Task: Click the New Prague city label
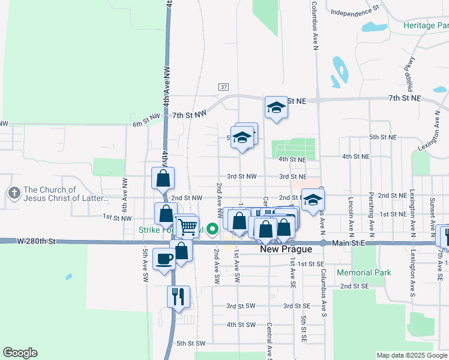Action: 286,249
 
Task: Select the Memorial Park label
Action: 364,272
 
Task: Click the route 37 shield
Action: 223,87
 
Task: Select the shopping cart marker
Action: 187,226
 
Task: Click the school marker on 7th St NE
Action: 276,107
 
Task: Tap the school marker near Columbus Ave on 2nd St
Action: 312,200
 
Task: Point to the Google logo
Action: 20,353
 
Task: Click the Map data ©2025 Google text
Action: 411,355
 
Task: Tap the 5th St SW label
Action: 191,343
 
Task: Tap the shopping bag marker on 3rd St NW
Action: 163,178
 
